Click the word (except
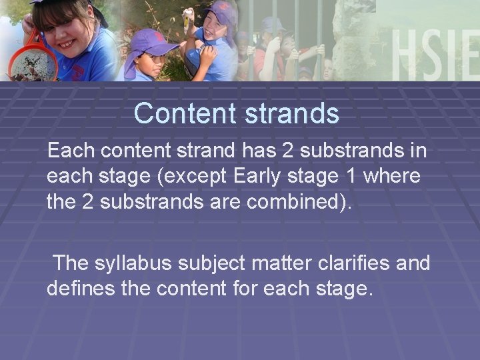pyautogui.click(x=193, y=177)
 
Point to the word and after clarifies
pyautogui.click(x=414, y=263)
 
